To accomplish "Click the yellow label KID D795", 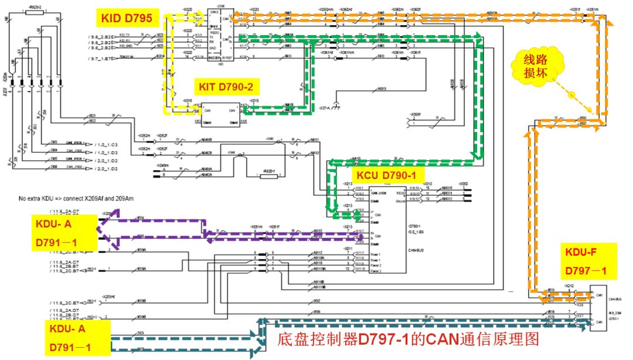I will [x=127, y=19].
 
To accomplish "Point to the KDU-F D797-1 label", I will [x=586, y=262].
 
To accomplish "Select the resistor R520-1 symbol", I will [x=269, y=175].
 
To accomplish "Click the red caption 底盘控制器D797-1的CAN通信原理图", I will [x=407, y=339].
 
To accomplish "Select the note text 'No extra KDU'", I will [x=76, y=199].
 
